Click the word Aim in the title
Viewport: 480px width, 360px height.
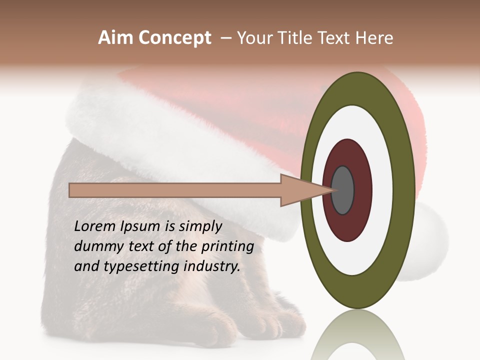click(x=115, y=38)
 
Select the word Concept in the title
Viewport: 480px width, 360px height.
click(x=174, y=38)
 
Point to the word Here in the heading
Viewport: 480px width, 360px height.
click(x=375, y=38)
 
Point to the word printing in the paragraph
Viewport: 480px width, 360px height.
click(x=227, y=247)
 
